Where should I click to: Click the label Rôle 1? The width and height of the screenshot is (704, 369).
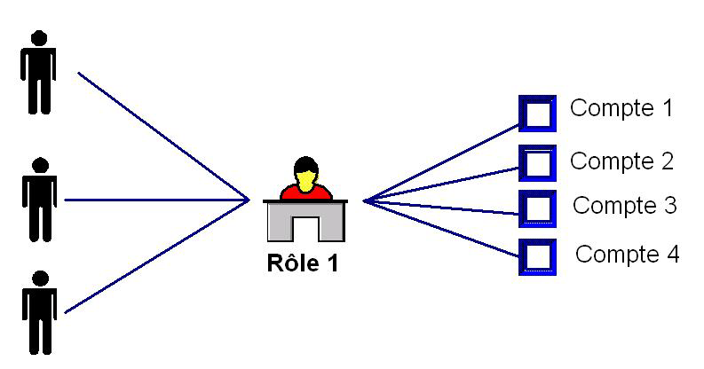[x=303, y=263]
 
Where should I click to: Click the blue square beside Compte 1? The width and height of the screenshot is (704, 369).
[x=537, y=114]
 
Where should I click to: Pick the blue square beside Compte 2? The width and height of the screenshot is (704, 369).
[x=537, y=163]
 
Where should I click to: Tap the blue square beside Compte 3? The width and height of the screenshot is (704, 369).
[x=537, y=208]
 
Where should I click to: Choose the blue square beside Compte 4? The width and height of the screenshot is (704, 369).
[x=537, y=256]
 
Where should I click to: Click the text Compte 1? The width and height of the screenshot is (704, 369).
[x=621, y=109]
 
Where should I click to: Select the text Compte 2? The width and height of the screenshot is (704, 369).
[x=621, y=161]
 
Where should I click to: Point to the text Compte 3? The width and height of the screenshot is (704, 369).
[x=625, y=206]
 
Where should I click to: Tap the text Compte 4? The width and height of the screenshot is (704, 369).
[x=628, y=255]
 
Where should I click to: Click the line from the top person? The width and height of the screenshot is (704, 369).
[x=164, y=137]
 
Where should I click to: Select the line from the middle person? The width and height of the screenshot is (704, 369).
[x=155, y=200]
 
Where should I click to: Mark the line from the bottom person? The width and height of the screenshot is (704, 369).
[x=155, y=257]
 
